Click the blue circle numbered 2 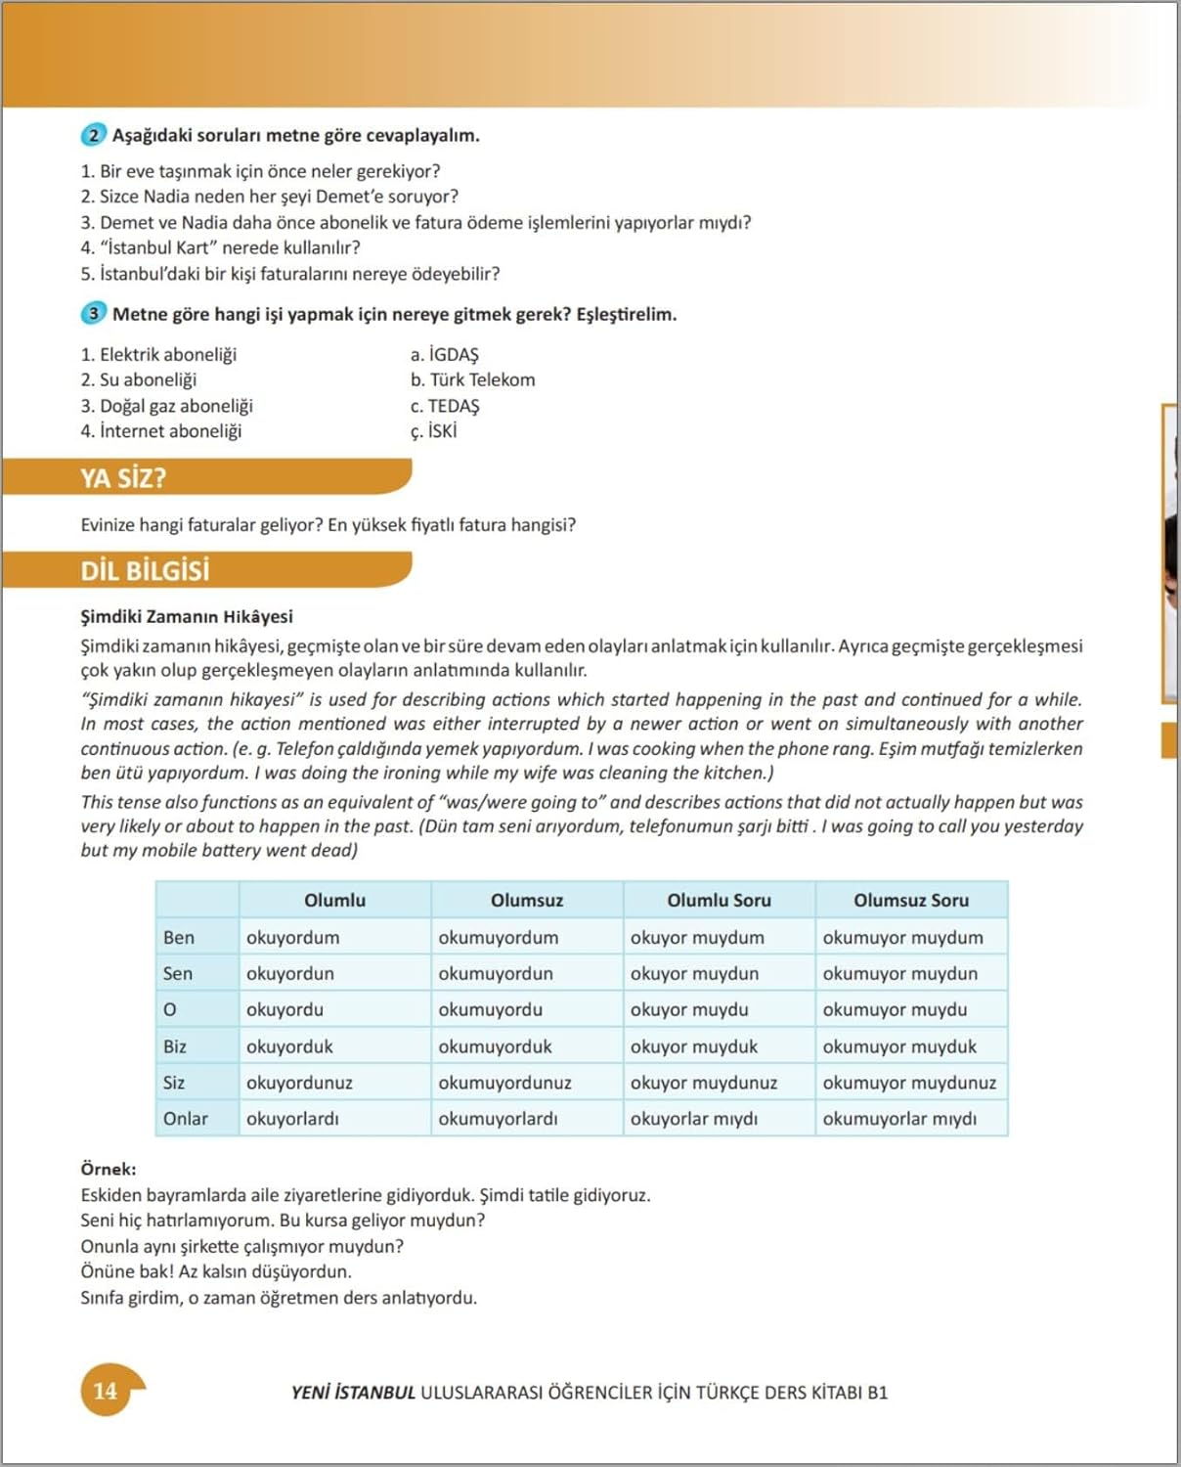point(93,135)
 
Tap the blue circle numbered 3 point(93,314)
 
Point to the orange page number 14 point(106,1391)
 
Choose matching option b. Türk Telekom point(472,379)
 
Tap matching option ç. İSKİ point(433,431)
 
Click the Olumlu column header point(334,900)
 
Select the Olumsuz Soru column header point(910,900)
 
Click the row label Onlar point(186,1119)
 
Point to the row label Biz point(175,1046)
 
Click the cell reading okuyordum point(293,937)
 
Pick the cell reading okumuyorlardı point(498,1119)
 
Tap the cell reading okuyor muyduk point(694,1046)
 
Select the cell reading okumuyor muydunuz point(909,1083)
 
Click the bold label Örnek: point(109,1169)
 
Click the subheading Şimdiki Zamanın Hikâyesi point(187,616)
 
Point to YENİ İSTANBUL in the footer point(353,1393)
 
